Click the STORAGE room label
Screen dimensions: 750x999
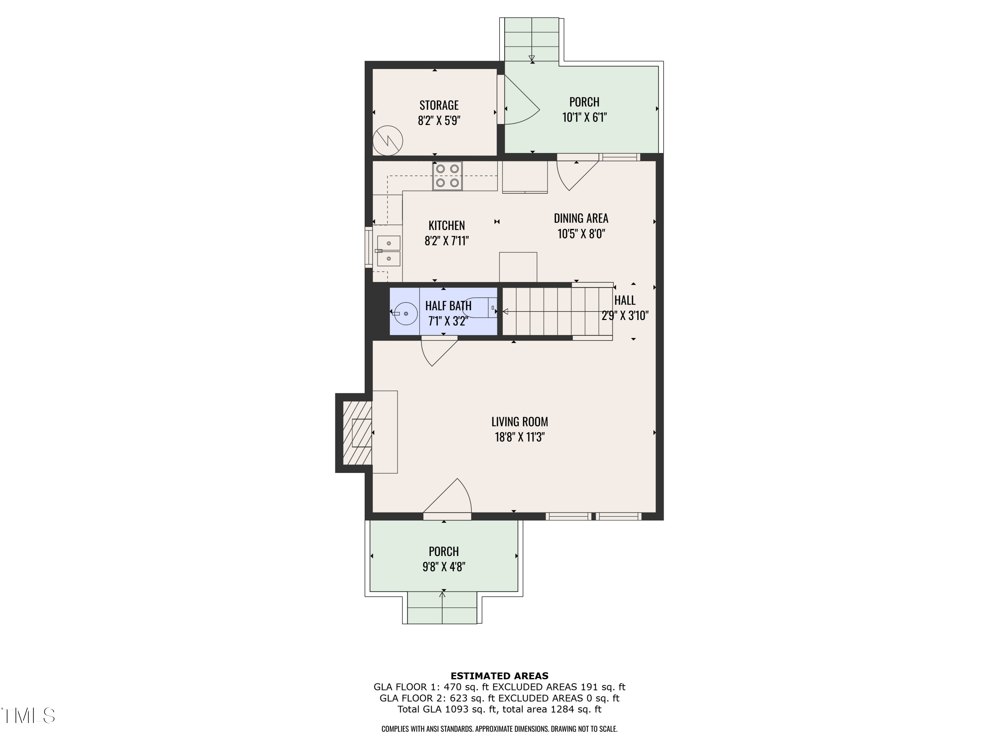[x=439, y=105]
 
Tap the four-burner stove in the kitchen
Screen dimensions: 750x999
[x=447, y=176]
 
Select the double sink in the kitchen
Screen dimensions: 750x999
[x=388, y=251]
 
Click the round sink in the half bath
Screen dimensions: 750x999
[x=406, y=313]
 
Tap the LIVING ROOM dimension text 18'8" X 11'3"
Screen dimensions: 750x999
[x=519, y=437]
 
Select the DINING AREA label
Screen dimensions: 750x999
[x=581, y=218]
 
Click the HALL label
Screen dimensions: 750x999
[x=625, y=300]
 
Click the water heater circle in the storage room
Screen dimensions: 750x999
[x=388, y=141]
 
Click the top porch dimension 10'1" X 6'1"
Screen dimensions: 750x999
[x=584, y=118]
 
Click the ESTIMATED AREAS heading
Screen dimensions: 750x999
[x=499, y=676]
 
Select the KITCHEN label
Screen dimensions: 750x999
[x=446, y=225]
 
